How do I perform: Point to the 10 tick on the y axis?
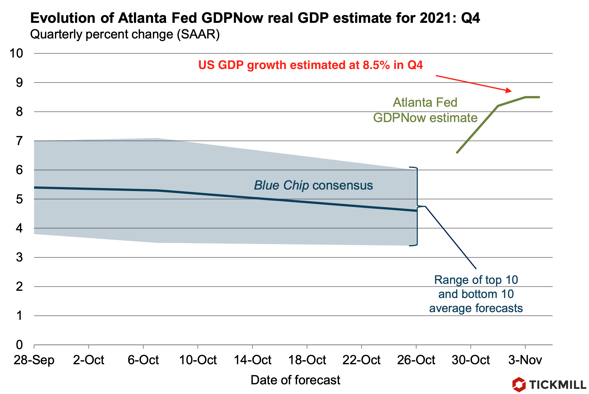pyautogui.click(x=16, y=54)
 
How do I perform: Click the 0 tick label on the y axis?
pyautogui.click(x=19, y=345)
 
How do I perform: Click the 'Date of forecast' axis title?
pyautogui.click(x=295, y=380)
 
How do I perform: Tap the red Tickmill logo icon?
pyautogui.click(x=519, y=385)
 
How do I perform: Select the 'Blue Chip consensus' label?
pyautogui.click(x=313, y=185)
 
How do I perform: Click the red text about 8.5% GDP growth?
pyautogui.click(x=310, y=65)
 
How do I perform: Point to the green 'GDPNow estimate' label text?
pyautogui.click(x=425, y=118)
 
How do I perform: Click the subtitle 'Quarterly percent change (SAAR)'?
pyautogui.click(x=125, y=34)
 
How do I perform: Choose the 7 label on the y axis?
pyautogui.click(x=19, y=141)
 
